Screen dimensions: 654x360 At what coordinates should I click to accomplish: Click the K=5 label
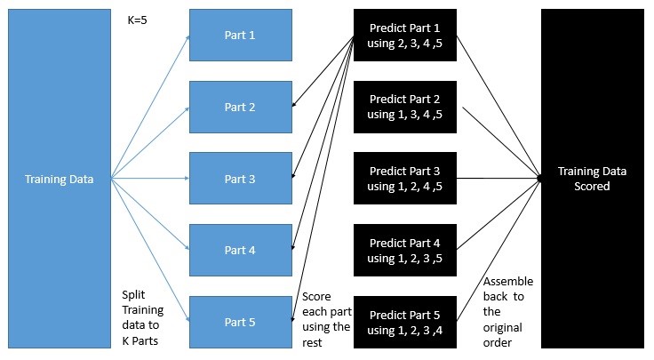(x=137, y=20)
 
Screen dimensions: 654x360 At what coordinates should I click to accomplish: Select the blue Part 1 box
(x=241, y=35)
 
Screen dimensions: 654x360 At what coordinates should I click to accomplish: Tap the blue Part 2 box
(x=241, y=108)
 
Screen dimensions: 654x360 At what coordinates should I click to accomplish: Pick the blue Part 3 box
(x=241, y=179)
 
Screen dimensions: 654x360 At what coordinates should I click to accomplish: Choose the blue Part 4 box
(x=241, y=251)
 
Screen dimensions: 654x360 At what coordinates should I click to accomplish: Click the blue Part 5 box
(x=241, y=322)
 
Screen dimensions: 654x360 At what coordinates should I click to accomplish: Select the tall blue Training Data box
(x=60, y=179)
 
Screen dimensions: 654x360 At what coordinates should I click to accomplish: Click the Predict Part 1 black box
(x=405, y=36)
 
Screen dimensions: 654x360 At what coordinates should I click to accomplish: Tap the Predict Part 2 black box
(x=405, y=108)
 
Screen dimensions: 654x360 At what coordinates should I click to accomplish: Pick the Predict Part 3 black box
(x=405, y=179)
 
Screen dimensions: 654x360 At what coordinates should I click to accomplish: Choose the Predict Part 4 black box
(x=405, y=251)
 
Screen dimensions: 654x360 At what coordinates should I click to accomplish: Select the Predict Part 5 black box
(x=405, y=322)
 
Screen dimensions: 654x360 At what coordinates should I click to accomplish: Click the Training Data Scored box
(x=593, y=179)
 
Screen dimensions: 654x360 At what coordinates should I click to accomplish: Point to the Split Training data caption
(x=143, y=318)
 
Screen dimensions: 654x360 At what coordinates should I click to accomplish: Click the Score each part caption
(x=327, y=319)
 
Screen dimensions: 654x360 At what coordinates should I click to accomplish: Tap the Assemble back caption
(x=508, y=312)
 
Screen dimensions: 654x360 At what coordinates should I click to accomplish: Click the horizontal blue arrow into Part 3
(x=150, y=178)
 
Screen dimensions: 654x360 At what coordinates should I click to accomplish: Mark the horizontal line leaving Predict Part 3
(x=498, y=179)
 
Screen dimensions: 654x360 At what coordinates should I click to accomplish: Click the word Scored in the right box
(x=592, y=186)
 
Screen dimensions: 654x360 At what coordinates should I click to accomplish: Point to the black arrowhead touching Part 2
(x=294, y=104)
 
